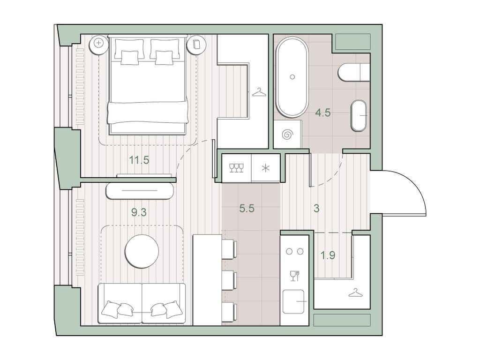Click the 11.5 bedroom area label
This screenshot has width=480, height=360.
139,160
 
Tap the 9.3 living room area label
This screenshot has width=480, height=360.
139,212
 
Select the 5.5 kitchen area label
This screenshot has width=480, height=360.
247,209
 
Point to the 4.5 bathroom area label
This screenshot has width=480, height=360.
323,112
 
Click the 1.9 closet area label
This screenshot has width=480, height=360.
328,255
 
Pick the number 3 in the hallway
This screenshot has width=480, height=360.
316,209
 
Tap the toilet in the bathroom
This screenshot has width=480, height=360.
354,72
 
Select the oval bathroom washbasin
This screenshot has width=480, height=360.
359,115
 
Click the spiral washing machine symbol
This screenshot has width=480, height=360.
288,134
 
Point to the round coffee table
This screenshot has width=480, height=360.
142,251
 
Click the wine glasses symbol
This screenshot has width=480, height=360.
237,168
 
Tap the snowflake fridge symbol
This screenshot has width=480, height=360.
265,168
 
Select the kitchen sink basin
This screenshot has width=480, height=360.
293,301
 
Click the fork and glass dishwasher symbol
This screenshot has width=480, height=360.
294,276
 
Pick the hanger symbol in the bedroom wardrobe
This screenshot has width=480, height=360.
259,92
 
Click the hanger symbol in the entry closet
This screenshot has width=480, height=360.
355,293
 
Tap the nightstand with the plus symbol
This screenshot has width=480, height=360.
98,43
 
